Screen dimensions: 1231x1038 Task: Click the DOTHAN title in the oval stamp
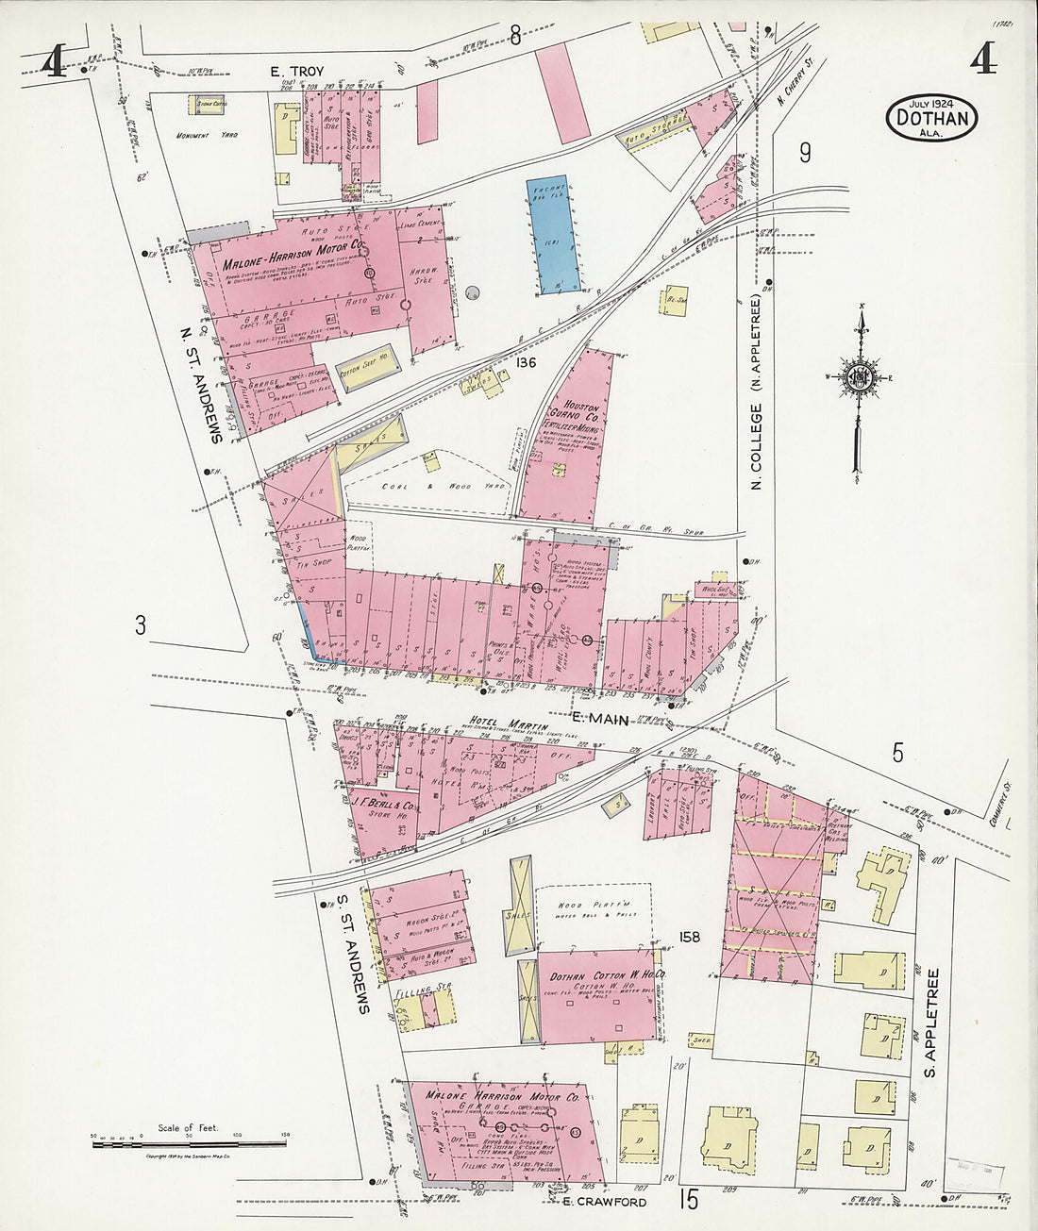pos(931,120)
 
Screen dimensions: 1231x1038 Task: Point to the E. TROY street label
pos(297,71)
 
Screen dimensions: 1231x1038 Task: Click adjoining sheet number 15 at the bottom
pos(687,1200)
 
